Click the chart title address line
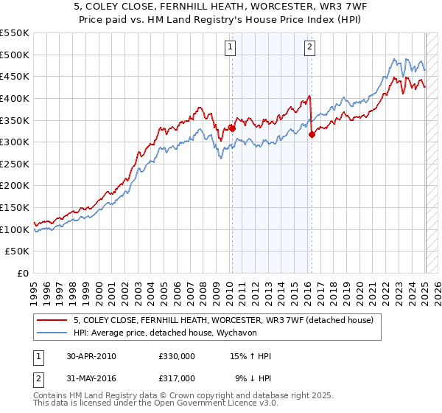pyautogui.click(x=221, y=9)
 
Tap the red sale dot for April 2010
pyautogui.click(x=232, y=128)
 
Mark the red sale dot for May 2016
pyautogui.click(x=312, y=134)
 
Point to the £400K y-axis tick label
pyautogui.click(x=15, y=98)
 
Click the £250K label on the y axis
pyautogui.click(x=15, y=186)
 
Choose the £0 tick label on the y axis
pyautogui.click(x=23, y=274)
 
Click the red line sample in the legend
pyautogui.click(x=52, y=320)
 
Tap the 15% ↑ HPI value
pyautogui.click(x=250, y=356)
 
